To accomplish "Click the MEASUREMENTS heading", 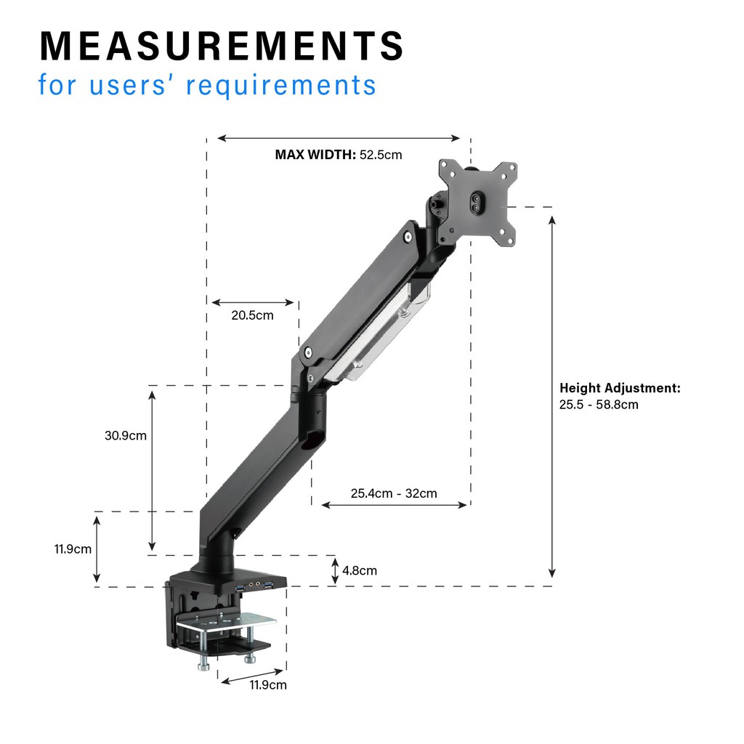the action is coord(222,46).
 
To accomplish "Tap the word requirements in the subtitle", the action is coord(281,86).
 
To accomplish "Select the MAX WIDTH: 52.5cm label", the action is coord(339,155).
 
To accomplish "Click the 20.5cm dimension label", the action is coord(252,315).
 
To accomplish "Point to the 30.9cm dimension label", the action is coord(126,436).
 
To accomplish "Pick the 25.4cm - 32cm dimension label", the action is coord(394,493).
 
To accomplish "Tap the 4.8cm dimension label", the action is coord(360,570).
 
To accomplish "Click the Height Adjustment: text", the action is coord(620,388).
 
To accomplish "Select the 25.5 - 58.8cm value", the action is coord(599,405).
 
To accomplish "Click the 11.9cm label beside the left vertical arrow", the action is coord(73,549).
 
